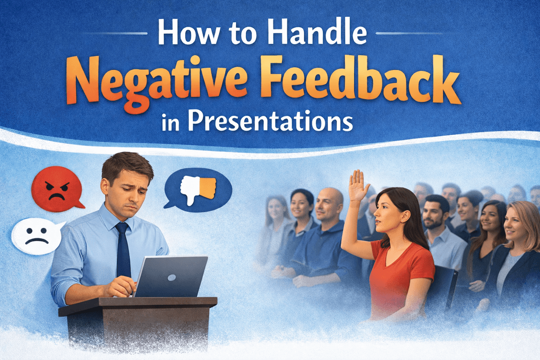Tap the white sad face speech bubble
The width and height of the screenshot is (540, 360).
pos(36,236)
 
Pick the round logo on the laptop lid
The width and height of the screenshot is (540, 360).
pos(171,277)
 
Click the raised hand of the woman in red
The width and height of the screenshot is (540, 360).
pos(358,186)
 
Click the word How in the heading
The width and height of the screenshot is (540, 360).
pos(184,33)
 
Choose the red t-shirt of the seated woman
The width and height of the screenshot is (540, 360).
pos(396,274)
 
